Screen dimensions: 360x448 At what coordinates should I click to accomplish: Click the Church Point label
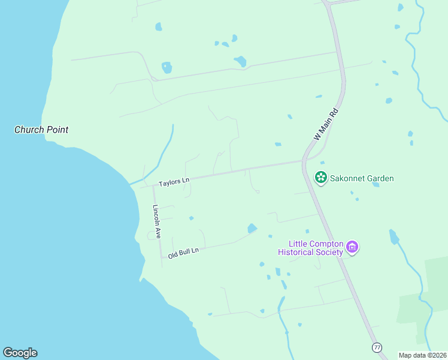click(x=41, y=130)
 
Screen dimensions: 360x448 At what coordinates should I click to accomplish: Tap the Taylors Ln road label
click(x=174, y=181)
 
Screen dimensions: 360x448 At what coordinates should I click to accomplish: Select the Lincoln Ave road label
click(x=157, y=222)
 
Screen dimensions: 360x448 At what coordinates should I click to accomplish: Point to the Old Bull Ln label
click(x=183, y=253)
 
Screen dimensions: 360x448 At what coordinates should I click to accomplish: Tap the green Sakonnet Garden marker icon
click(x=321, y=178)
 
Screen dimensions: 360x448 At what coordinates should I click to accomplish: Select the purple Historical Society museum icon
click(x=352, y=248)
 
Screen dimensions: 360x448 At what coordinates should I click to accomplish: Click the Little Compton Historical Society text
click(x=316, y=248)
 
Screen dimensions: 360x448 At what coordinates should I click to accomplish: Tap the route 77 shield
click(x=377, y=347)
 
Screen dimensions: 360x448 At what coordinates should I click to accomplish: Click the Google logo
click(x=20, y=353)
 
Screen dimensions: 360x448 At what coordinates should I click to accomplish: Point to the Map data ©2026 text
click(x=423, y=355)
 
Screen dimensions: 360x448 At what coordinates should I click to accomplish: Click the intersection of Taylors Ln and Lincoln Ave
click(x=153, y=185)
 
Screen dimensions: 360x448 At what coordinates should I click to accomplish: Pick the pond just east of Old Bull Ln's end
click(x=252, y=228)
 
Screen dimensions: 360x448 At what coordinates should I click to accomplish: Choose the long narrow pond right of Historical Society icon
click(x=393, y=237)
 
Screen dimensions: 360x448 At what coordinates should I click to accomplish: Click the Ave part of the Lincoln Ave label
click(x=158, y=232)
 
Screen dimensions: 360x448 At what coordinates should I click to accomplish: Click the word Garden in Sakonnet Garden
click(x=378, y=178)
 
